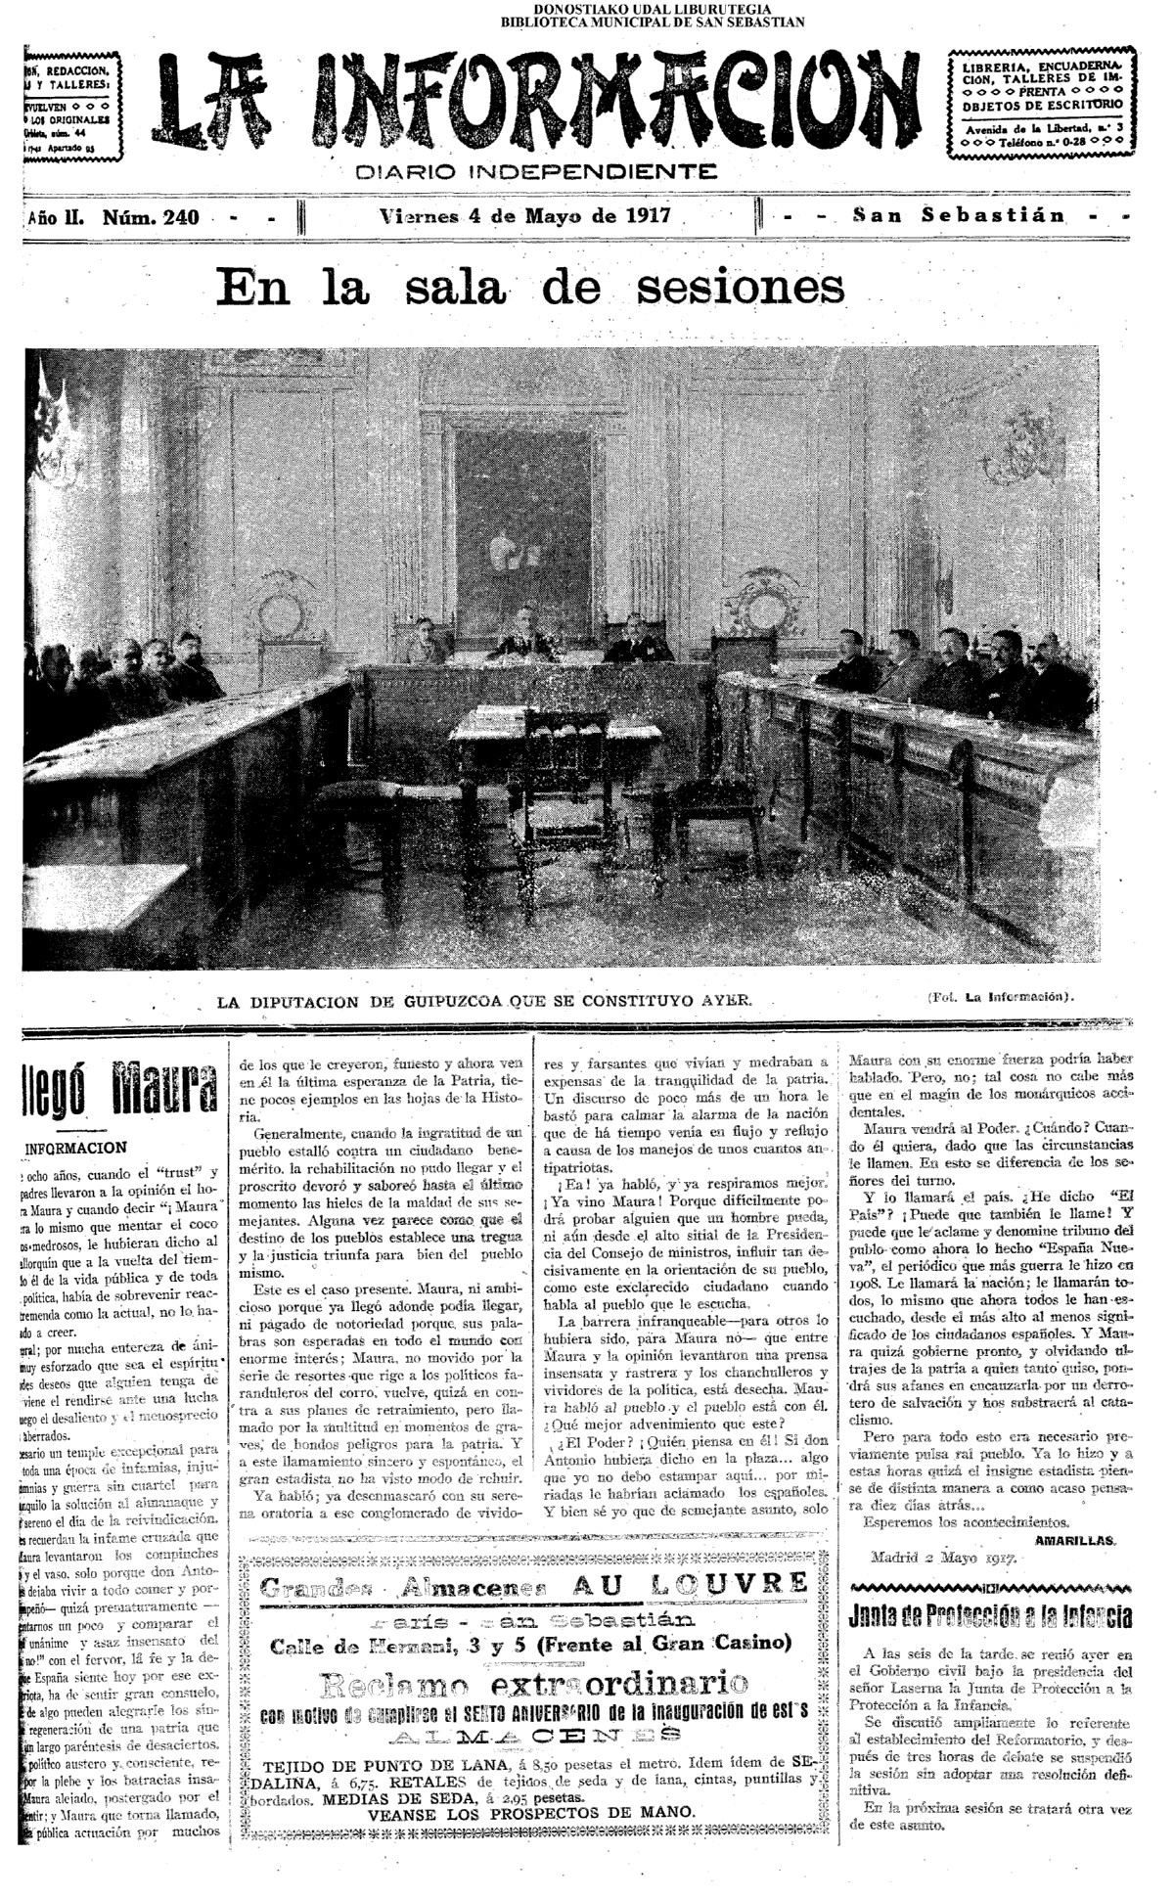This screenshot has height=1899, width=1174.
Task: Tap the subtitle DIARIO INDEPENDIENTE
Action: click(536, 173)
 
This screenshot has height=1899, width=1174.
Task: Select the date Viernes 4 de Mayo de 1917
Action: click(525, 216)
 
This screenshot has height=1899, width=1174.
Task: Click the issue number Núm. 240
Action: click(151, 217)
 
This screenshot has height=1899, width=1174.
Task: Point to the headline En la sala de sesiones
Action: click(529, 288)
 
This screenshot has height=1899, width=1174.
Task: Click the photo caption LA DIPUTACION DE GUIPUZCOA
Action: click(484, 1001)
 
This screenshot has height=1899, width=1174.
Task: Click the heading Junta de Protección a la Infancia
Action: click(991, 1615)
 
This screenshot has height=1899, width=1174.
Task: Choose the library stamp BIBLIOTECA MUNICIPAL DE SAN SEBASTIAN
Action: click(653, 23)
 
